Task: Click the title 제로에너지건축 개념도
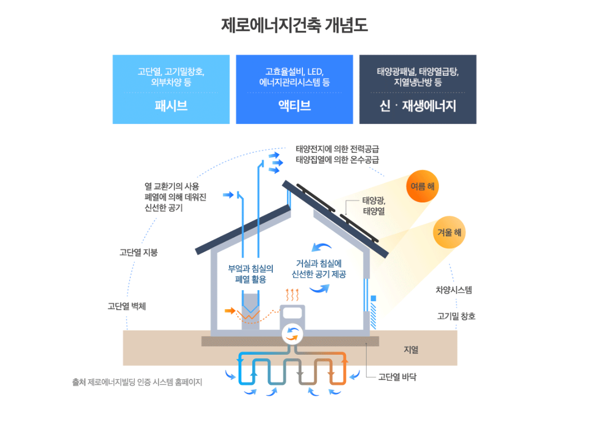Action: [x=294, y=25]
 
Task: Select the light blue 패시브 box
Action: [x=171, y=89]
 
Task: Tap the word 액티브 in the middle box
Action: [x=294, y=106]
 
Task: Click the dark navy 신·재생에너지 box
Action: [x=418, y=89]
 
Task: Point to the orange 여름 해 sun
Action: [x=422, y=187]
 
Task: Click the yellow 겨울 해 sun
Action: [x=449, y=232]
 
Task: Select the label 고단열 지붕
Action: [x=138, y=253]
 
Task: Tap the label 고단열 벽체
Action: [x=127, y=306]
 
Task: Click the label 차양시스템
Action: [x=454, y=290]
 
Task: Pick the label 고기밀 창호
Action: [x=456, y=316]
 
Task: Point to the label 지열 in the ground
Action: [x=411, y=350]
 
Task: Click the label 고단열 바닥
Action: [x=397, y=377]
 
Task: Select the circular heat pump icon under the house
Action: [x=293, y=334]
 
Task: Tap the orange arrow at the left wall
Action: [x=230, y=311]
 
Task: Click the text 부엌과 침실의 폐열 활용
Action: [x=251, y=274]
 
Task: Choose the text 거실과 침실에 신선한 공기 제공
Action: [x=319, y=269]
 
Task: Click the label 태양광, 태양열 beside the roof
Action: [x=374, y=206]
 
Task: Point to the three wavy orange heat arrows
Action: [x=292, y=295]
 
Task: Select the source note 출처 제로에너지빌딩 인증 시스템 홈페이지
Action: [x=137, y=382]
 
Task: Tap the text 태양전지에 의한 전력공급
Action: [x=337, y=149]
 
